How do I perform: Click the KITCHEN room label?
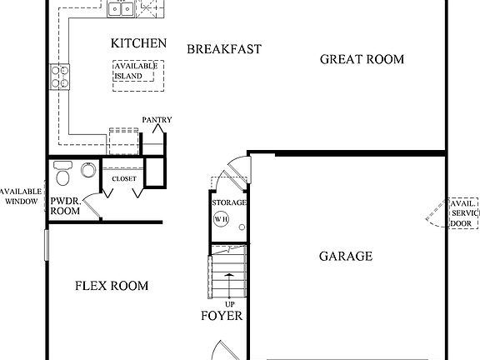(138, 43)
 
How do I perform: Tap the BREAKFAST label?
(223, 49)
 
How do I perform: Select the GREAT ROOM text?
(362, 59)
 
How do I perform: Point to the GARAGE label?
(345, 256)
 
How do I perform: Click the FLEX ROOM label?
(112, 286)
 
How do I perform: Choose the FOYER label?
(222, 316)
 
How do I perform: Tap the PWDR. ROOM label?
(65, 206)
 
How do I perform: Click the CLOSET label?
(123, 177)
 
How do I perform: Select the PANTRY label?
(157, 120)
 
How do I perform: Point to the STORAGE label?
(228, 202)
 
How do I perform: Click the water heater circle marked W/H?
(221, 219)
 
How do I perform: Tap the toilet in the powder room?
(62, 175)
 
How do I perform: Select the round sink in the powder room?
(87, 171)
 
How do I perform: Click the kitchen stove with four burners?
(60, 77)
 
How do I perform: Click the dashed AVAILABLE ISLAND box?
(138, 71)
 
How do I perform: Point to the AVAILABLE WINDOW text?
(21, 196)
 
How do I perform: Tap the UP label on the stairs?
(228, 304)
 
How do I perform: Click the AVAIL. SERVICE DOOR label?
(463, 213)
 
